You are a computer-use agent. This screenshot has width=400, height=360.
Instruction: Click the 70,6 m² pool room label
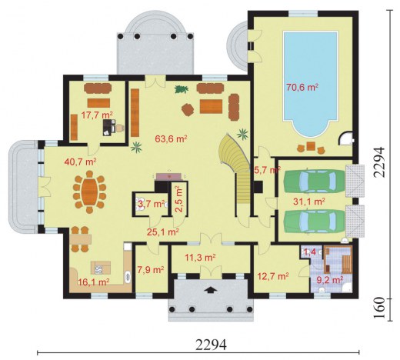pyautogui.click(x=302, y=88)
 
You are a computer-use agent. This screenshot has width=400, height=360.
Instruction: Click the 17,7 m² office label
pyautogui.click(x=97, y=115)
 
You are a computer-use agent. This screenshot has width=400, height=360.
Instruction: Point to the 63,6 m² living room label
pyautogui.click(x=171, y=138)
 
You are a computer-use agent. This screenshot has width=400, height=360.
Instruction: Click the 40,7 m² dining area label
pyautogui.click(x=80, y=162)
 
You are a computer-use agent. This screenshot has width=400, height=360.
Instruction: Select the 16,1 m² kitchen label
pyautogui.click(x=94, y=282)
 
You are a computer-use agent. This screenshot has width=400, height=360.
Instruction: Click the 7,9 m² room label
pyautogui.click(x=150, y=270)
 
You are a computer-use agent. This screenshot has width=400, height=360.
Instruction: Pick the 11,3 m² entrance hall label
pyautogui.click(x=200, y=257)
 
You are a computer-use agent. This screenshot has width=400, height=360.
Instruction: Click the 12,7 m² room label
pyautogui.click(x=273, y=276)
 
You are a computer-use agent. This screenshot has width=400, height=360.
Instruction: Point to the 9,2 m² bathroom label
pyautogui.click(x=330, y=280)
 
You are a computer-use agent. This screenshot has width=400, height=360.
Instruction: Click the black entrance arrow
pyautogui.click(x=211, y=289)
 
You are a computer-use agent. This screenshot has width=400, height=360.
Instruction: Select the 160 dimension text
pyautogui.click(x=380, y=308)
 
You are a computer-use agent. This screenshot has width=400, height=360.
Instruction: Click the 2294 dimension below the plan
pyautogui.click(x=212, y=345)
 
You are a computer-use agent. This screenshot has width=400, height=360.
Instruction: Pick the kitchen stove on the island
pyautogui.click(x=98, y=269)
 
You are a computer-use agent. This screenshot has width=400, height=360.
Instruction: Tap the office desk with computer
pyautogui.click(x=109, y=127)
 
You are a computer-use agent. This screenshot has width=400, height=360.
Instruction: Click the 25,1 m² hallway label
pyautogui.click(x=163, y=232)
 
